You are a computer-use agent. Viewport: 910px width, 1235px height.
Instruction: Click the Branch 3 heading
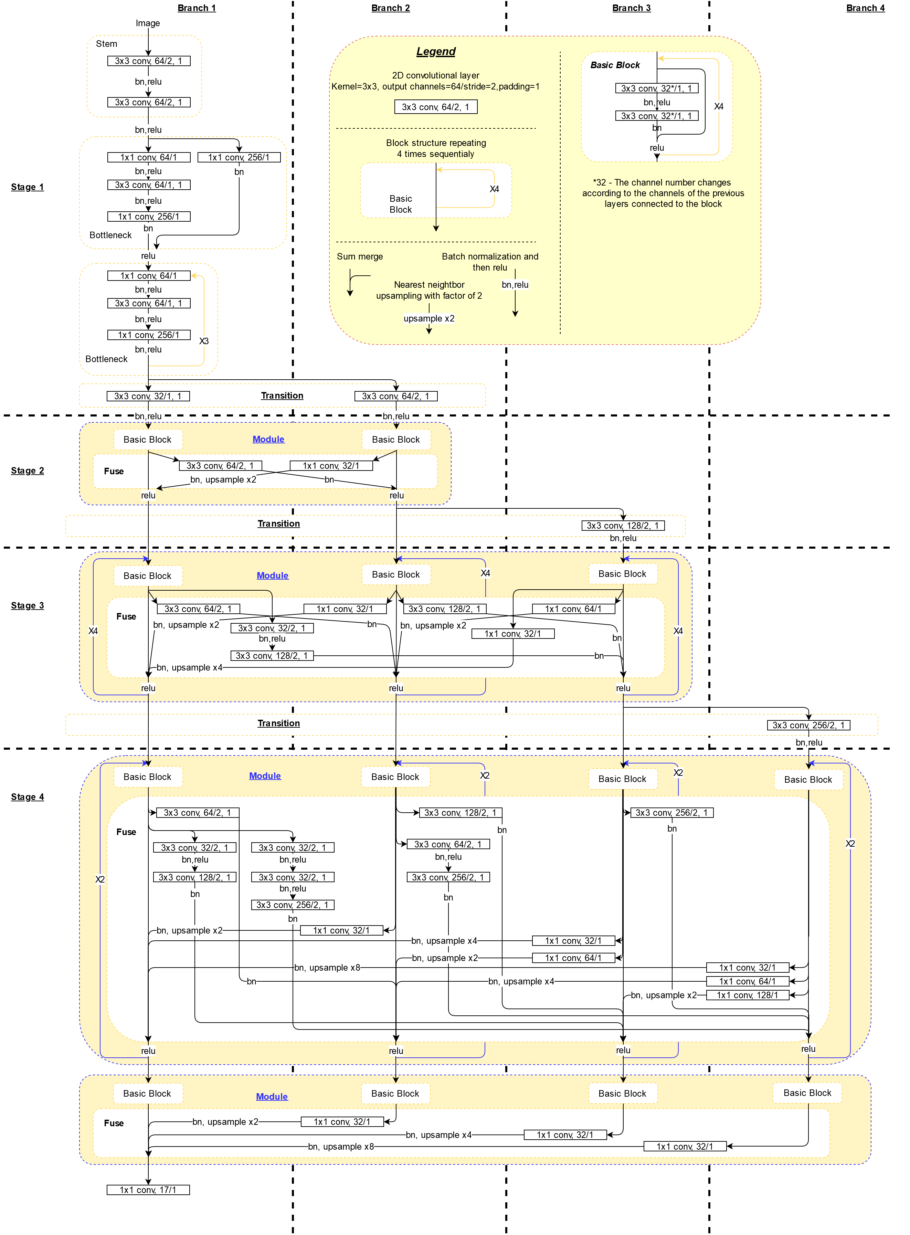631,8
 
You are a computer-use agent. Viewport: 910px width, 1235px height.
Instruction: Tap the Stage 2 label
27,471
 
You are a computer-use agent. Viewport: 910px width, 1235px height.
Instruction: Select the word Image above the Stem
148,23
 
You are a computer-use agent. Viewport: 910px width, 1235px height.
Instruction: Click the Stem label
106,43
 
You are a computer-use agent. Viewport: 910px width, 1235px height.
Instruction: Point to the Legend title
436,51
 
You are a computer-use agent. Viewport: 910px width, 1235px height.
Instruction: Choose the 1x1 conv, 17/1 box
148,1190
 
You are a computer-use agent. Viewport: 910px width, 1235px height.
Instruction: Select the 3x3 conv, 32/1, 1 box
148,396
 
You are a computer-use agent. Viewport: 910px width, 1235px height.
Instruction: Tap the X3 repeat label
204,341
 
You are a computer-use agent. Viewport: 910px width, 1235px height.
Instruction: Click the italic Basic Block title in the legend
615,65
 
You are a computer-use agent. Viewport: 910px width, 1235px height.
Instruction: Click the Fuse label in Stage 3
126,616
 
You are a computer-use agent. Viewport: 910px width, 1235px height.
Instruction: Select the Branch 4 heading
865,8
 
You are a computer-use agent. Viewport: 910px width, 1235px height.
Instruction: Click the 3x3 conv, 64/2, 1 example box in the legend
436,107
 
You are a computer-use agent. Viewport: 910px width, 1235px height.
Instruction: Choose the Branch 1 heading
197,8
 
